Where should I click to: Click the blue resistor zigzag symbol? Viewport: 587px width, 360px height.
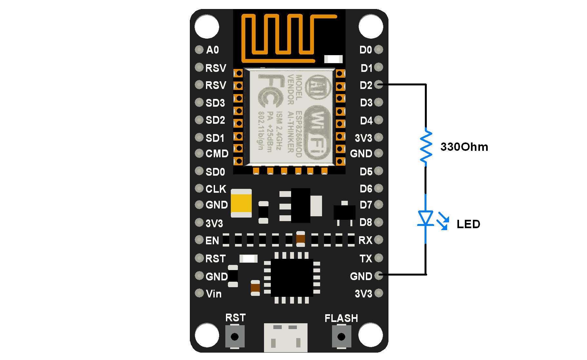[426, 147]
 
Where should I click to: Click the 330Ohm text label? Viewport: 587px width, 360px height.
[464, 147]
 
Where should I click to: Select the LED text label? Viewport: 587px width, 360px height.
[468, 224]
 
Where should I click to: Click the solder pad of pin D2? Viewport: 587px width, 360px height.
[379, 85]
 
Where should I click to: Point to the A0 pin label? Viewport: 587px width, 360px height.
[212, 50]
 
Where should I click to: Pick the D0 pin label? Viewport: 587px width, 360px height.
[366, 50]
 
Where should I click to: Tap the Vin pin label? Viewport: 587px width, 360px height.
[213, 294]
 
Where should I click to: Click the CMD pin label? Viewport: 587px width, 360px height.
[217, 154]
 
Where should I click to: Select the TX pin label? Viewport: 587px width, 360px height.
[366, 258]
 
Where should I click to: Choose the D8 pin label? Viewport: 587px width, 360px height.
[366, 222]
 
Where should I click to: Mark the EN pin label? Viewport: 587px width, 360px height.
[212, 240]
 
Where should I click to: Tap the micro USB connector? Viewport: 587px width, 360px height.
[286, 337]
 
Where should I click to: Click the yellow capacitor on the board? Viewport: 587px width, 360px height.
[241, 203]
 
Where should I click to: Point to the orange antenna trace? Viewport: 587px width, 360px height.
[284, 35]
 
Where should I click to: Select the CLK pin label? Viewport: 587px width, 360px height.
[216, 189]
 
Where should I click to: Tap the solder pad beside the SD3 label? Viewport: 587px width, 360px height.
[199, 102]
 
